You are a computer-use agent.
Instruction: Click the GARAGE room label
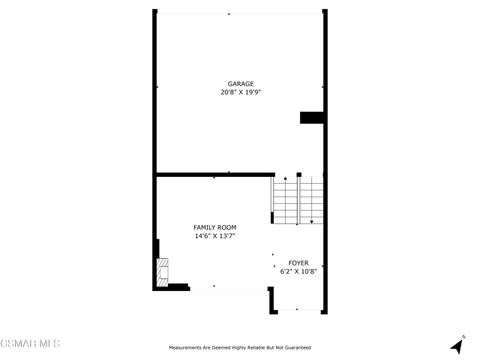(x=241, y=83)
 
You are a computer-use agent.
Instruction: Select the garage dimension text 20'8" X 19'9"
(x=241, y=92)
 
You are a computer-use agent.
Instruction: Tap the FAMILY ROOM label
(x=215, y=227)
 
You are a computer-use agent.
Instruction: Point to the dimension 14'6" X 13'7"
(x=215, y=236)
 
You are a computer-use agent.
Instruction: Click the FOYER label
(x=298, y=263)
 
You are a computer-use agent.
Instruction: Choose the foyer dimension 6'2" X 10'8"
(x=298, y=271)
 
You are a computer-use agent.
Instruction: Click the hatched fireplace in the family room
(x=162, y=272)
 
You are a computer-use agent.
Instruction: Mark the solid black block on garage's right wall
(x=312, y=118)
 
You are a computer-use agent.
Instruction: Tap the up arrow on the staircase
(x=285, y=178)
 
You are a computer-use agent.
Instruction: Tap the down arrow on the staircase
(x=312, y=222)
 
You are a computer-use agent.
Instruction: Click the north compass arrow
(x=457, y=346)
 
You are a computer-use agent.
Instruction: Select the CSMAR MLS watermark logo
(x=30, y=343)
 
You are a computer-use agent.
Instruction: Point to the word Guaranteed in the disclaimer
(x=298, y=348)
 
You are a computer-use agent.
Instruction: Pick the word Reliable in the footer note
(x=256, y=348)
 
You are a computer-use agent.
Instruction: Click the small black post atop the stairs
(x=299, y=175)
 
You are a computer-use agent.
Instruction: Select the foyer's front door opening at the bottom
(x=299, y=310)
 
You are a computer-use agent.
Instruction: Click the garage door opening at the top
(x=240, y=13)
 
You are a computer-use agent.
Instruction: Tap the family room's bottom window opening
(x=229, y=289)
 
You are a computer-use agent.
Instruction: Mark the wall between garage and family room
(x=216, y=175)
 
